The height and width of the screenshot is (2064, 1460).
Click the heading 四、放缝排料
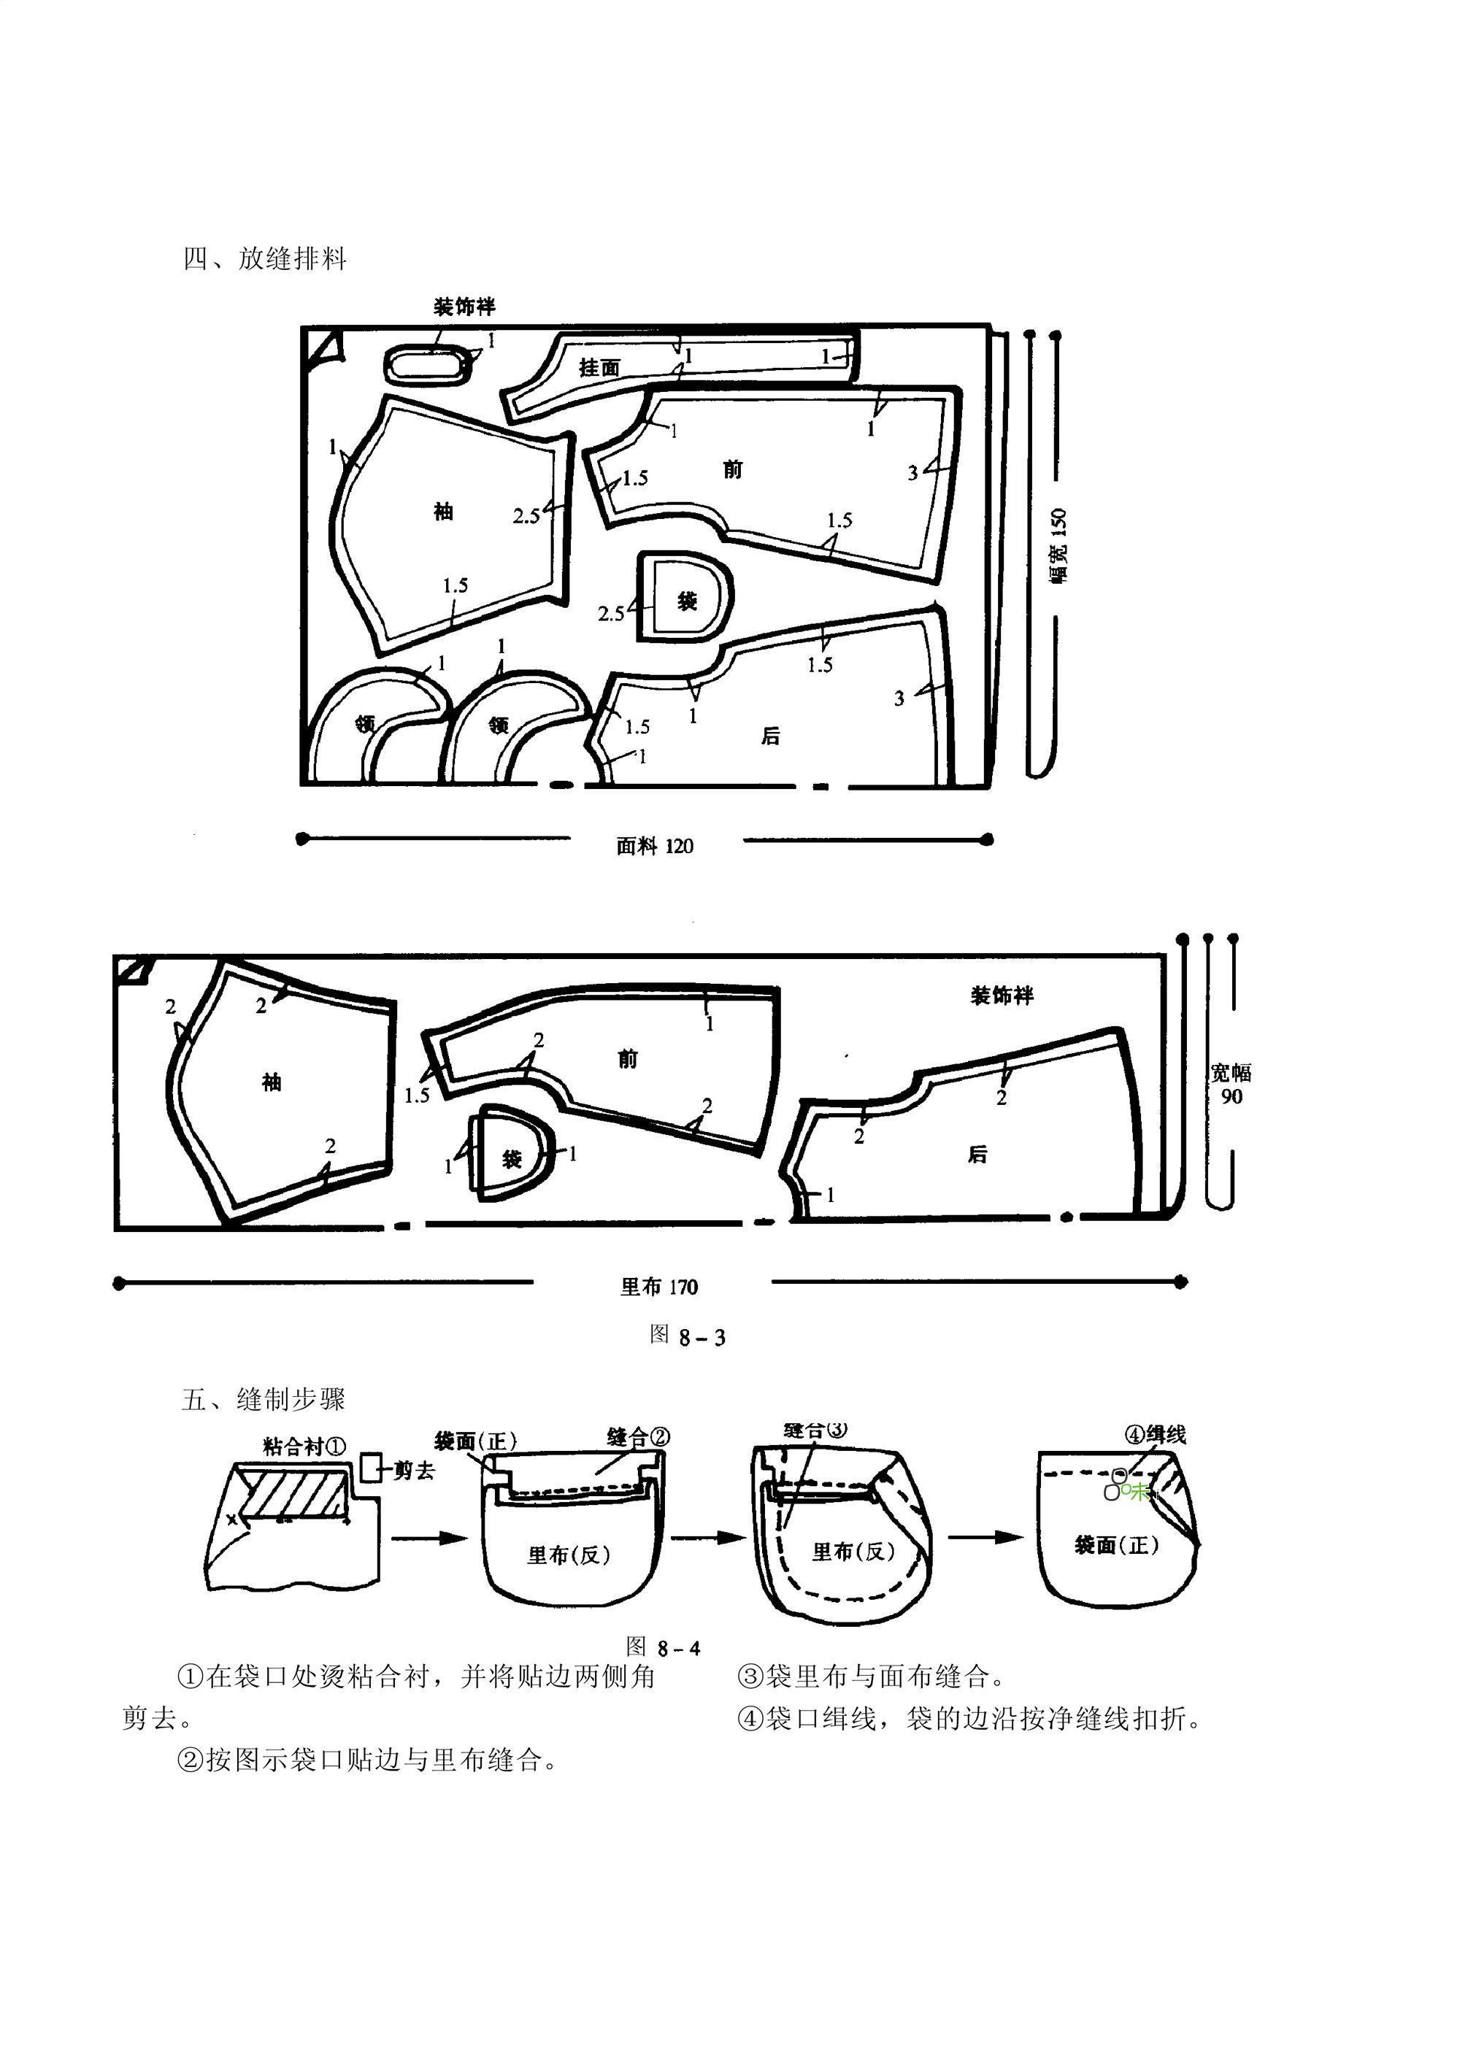pos(265,259)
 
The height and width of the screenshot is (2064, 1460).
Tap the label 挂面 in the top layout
pos(599,367)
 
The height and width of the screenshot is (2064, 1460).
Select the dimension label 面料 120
pos(655,846)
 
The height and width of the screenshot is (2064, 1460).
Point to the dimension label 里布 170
pos(659,1287)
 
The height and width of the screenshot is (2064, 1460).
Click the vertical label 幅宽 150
pos(1058,546)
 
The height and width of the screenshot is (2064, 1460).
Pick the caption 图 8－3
pos(687,1336)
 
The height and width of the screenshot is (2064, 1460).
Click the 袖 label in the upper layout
pos(443,512)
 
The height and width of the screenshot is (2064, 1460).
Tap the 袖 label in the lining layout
pos(272,1082)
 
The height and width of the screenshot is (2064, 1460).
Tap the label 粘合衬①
pos(304,1447)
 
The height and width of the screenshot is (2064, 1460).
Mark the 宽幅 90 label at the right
pos(1231,1083)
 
